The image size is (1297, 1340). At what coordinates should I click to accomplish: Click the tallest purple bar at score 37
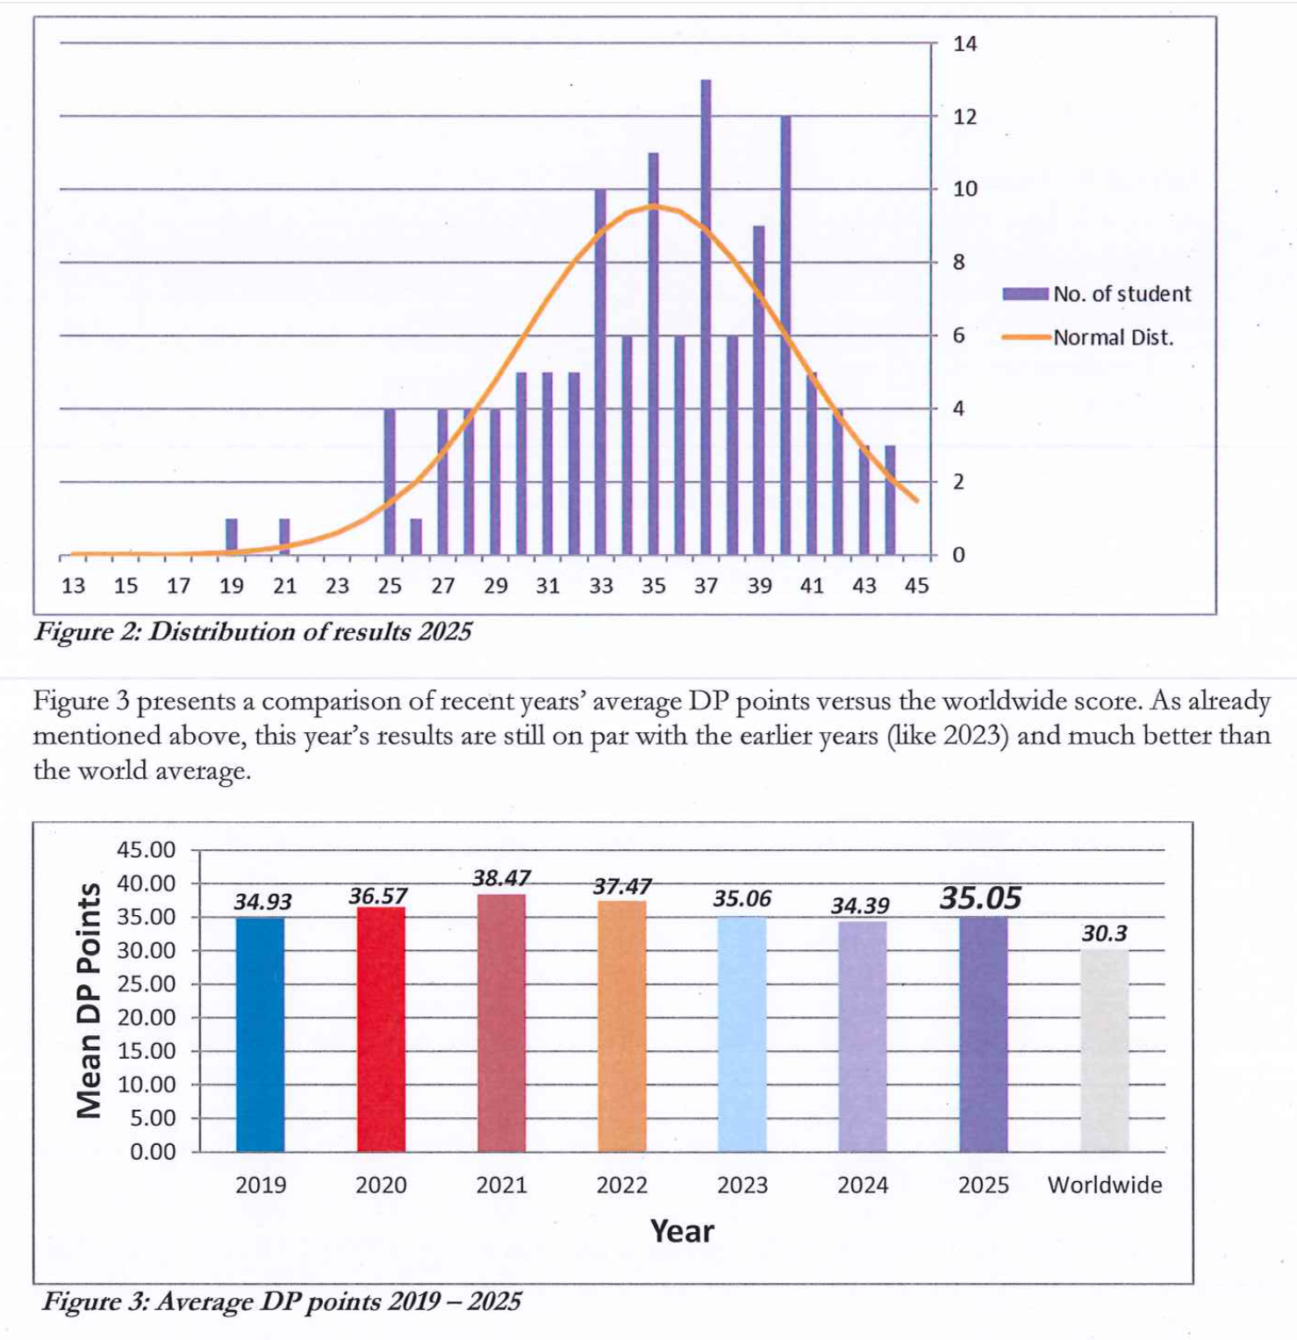706,316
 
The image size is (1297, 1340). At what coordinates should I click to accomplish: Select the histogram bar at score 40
785,334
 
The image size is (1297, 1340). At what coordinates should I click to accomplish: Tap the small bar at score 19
232,537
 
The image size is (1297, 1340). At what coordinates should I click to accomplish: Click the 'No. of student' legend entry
1097,294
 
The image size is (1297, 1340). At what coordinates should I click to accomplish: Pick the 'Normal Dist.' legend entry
1088,337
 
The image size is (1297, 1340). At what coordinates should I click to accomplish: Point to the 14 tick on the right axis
964,44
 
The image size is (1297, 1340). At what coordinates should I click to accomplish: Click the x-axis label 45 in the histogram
916,586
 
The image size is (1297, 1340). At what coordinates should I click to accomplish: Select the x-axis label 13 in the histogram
73,586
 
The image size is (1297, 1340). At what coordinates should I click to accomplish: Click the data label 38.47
501,878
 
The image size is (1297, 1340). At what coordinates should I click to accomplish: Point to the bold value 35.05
980,897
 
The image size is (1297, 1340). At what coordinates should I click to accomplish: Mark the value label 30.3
1104,933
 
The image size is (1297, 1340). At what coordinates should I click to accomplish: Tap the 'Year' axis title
682,1231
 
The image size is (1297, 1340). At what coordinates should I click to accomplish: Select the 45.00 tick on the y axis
146,850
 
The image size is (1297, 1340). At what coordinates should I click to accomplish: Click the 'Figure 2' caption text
253,631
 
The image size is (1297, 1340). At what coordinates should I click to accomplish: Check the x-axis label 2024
863,1185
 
